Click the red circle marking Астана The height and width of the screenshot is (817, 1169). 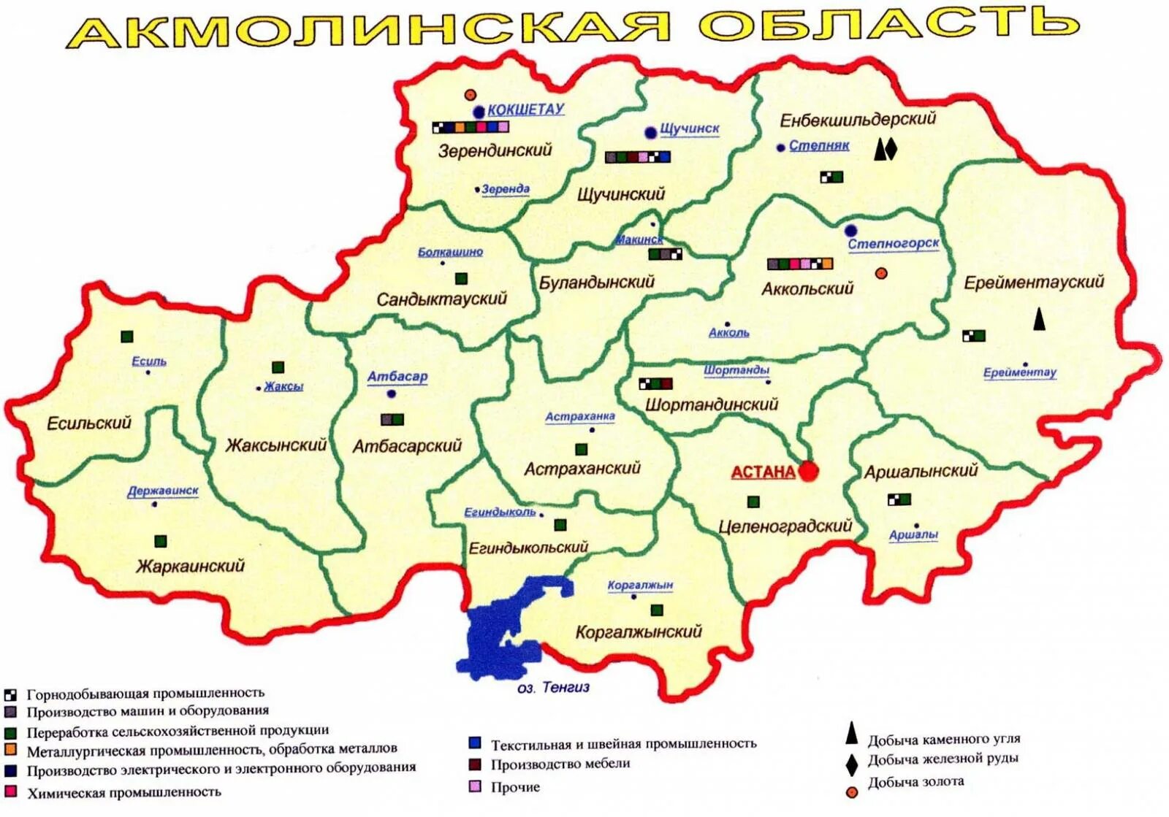click(x=807, y=472)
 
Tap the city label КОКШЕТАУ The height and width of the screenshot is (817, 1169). click(x=525, y=110)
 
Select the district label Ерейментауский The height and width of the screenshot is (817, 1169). click(x=1034, y=283)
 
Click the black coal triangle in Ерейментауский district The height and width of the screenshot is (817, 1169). click(x=1039, y=319)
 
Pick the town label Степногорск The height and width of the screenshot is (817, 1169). click(x=893, y=243)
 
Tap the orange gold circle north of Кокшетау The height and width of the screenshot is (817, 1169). click(x=471, y=95)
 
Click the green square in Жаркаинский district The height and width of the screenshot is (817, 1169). click(x=161, y=541)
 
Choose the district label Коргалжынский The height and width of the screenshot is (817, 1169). click(x=639, y=632)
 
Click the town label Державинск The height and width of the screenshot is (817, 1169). click(x=163, y=491)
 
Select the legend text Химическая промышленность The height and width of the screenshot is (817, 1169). click(x=123, y=792)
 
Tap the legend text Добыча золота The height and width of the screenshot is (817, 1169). click(x=915, y=782)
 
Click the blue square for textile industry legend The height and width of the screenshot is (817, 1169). click(x=475, y=743)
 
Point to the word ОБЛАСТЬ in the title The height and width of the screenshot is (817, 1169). click(x=888, y=25)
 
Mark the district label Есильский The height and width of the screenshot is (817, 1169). click(x=88, y=423)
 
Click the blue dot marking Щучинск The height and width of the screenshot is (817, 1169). click(x=650, y=132)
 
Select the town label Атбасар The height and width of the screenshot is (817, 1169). click(x=397, y=377)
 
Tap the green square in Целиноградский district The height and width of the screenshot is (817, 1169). click(x=753, y=502)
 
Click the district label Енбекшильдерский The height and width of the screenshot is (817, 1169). click(x=858, y=119)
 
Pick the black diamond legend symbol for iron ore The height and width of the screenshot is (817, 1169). click(x=851, y=764)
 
